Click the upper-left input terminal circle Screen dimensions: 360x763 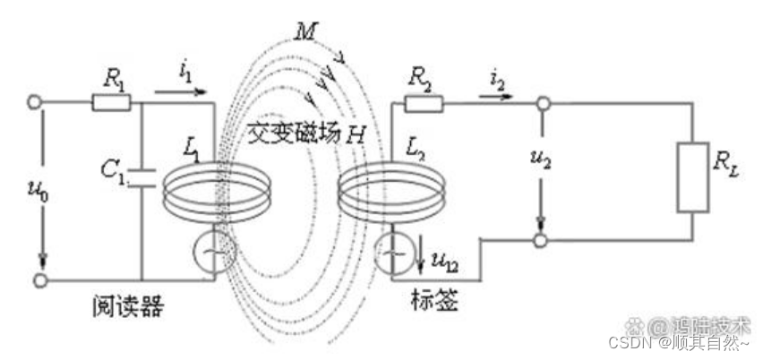36,103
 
